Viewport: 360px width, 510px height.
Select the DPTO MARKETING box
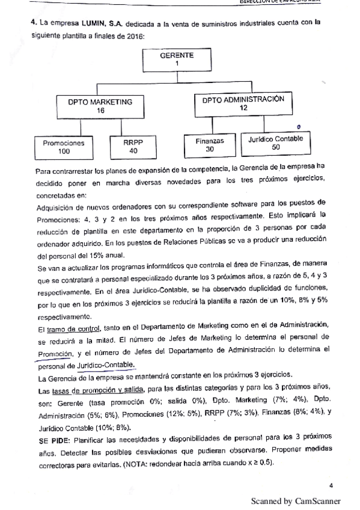point(100,106)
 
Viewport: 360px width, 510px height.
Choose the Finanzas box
point(210,145)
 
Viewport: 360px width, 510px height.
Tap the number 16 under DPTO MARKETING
point(100,111)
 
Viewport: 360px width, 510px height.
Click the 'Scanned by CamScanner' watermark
point(295,500)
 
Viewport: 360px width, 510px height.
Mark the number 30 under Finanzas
point(210,149)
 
